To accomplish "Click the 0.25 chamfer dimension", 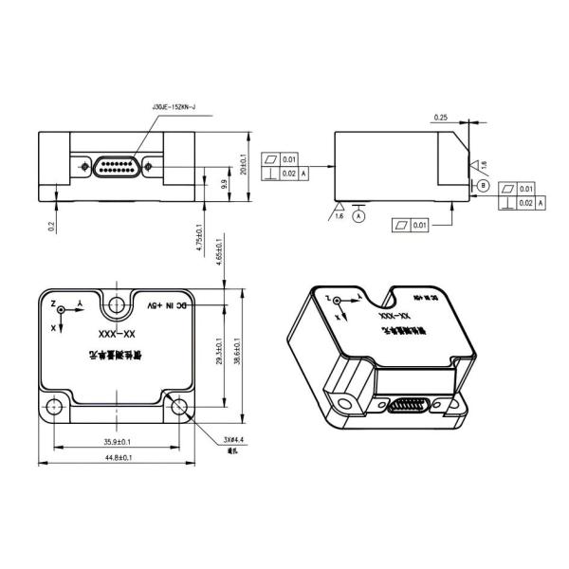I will (440, 118).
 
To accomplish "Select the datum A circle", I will (358, 216).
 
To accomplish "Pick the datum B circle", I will (482, 185).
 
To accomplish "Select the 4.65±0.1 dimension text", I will (221, 253).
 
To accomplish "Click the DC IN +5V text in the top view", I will (172, 305).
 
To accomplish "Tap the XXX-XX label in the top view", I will (118, 333).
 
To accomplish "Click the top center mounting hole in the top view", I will (117, 305).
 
